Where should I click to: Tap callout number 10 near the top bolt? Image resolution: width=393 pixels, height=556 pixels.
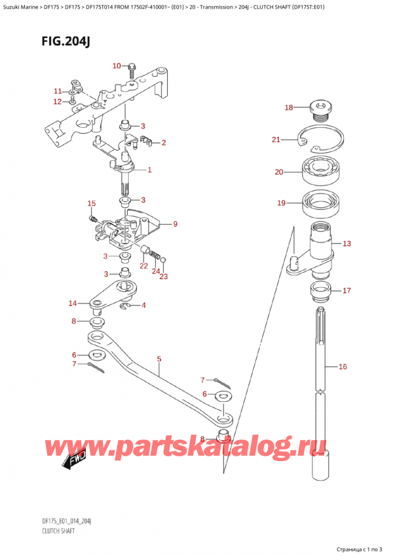tap(117, 65)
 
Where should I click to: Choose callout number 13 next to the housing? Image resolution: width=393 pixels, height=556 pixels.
tap(346, 243)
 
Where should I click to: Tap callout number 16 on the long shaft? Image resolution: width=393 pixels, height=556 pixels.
tap(342, 367)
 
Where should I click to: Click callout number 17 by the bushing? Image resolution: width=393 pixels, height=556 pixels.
tap(346, 290)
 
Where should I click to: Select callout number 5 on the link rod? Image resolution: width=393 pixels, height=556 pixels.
tap(159, 359)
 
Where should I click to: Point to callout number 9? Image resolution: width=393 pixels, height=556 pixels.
tap(175, 224)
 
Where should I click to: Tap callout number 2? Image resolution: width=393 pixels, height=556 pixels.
tap(163, 142)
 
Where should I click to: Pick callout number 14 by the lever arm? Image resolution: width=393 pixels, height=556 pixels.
tap(73, 303)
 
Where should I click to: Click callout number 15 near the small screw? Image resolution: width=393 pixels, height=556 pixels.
tap(92, 203)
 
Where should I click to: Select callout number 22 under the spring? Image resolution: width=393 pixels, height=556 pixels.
tap(143, 265)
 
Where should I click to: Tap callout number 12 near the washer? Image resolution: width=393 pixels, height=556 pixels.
tap(58, 102)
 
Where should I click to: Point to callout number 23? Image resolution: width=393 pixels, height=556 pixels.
tap(164, 276)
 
